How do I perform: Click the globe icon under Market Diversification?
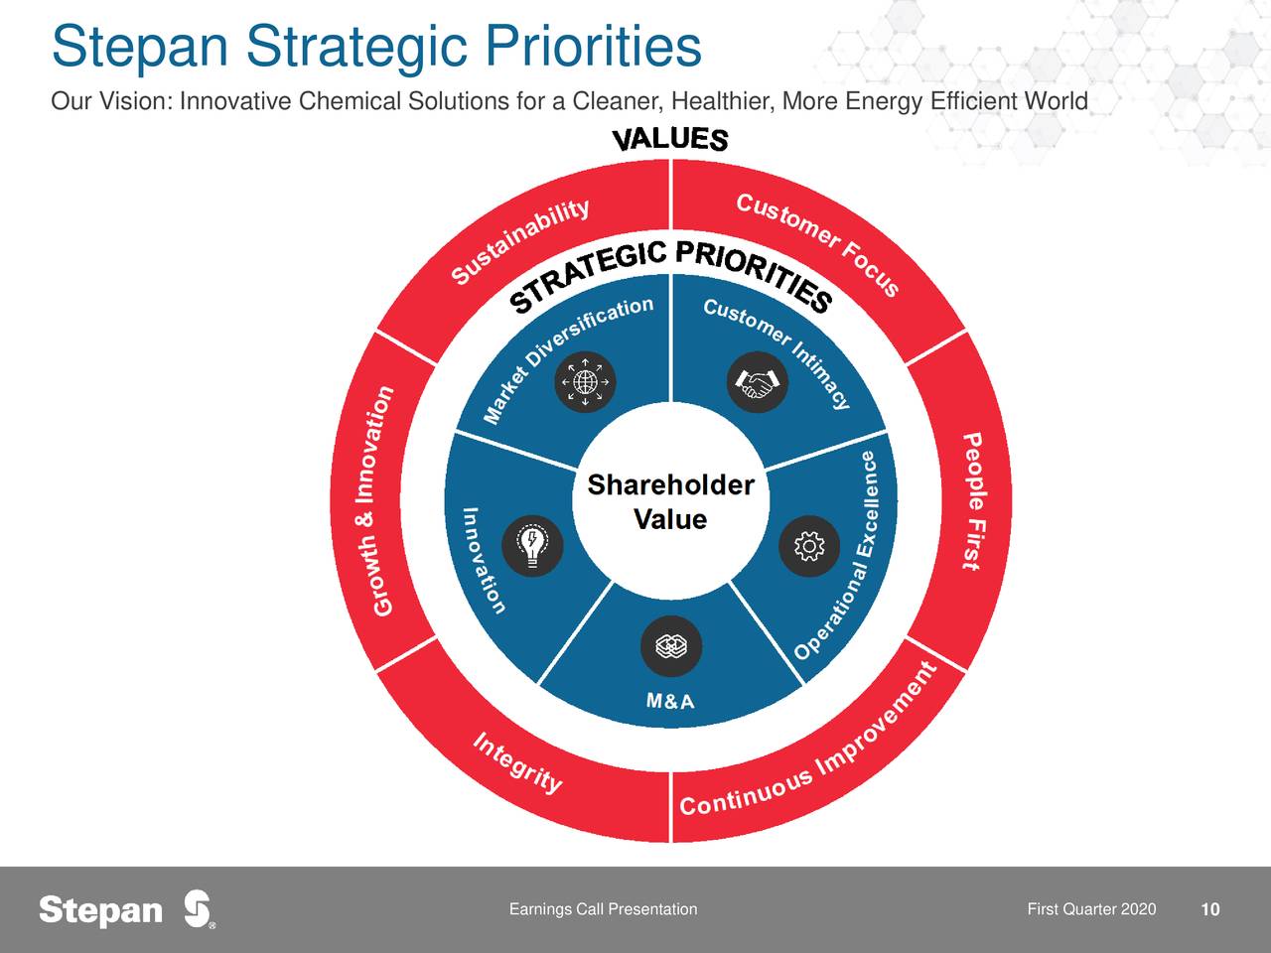tap(585, 382)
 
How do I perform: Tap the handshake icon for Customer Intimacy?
tap(757, 382)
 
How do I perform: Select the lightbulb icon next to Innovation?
tap(532, 546)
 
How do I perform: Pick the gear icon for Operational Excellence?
tap(809, 546)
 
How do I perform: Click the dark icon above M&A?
tap(671, 645)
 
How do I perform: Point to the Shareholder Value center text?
tap(670, 501)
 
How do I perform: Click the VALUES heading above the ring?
tap(670, 139)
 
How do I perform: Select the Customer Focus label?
tap(817, 243)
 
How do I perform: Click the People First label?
tap(973, 501)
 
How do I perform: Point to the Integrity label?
tap(517, 763)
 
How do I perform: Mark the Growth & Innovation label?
tap(382, 501)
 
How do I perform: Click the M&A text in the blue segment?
tap(670, 701)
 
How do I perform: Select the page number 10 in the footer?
tap(1210, 909)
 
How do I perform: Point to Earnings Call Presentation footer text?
tap(603, 909)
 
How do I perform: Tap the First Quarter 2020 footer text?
tap(1091, 909)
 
